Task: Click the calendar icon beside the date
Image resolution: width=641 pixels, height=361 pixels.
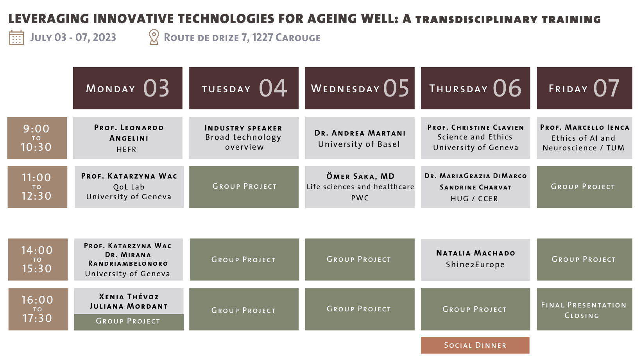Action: (16, 38)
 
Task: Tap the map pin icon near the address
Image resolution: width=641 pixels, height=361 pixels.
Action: (154, 37)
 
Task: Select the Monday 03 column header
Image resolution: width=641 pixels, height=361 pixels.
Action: (128, 88)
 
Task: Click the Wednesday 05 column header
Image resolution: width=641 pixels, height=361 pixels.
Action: (360, 88)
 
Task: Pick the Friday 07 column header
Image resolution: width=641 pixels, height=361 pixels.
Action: (584, 88)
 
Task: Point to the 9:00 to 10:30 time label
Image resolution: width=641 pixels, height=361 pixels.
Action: (37, 138)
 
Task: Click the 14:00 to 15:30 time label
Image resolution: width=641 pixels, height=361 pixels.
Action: (38, 259)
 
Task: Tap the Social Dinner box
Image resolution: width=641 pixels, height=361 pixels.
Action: (475, 345)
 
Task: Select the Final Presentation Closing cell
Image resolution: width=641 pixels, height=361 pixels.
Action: (584, 309)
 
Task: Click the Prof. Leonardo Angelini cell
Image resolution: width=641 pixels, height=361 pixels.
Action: (128, 138)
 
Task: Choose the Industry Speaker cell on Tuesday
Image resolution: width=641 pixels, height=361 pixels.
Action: (244, 138)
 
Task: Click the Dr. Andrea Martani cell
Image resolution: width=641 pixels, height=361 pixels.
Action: (360, 138)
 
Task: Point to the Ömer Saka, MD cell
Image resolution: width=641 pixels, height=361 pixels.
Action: (360, 187)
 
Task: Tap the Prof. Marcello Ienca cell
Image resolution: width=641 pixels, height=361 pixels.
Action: (584, 138)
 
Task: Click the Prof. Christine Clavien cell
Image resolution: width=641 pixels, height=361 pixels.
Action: (475, 138)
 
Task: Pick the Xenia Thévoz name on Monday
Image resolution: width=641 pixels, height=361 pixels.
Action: (129, 297)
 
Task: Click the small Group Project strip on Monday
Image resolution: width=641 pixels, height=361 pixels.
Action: (129, 322)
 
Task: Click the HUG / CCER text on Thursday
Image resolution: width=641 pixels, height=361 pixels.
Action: (474, 198)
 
